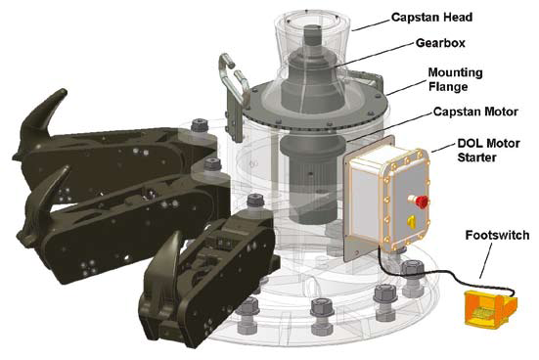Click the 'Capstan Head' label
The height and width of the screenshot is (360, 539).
(431, 18)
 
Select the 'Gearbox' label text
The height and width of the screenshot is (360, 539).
(440, 43)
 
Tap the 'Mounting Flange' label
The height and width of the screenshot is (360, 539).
(455, 79)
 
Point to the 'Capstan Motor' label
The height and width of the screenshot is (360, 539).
(475, 112)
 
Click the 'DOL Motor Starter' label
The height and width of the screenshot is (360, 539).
(488, 151)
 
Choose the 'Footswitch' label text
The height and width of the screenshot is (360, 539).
(497, 235)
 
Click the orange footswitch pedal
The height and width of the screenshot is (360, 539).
(489, 307)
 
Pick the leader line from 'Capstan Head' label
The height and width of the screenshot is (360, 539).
(372, 24)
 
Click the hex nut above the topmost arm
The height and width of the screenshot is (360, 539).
(201, 124)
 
